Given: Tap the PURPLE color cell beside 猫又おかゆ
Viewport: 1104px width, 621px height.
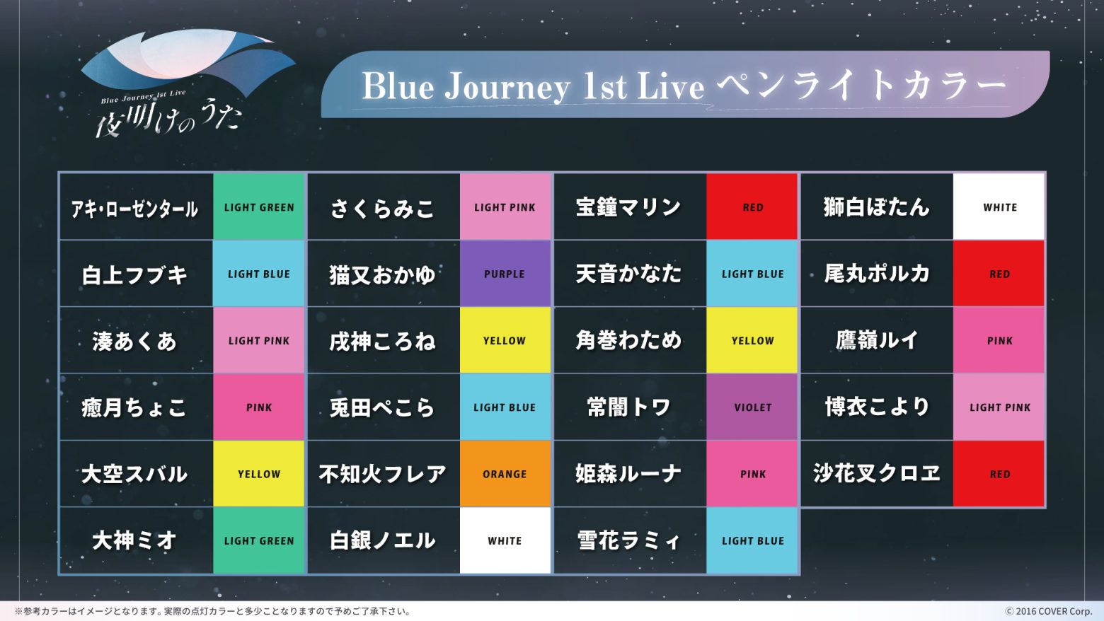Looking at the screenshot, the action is click(505, 273).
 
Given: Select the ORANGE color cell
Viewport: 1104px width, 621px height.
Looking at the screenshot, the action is click(505, 474).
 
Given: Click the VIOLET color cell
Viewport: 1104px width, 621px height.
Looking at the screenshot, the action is click(752, 407).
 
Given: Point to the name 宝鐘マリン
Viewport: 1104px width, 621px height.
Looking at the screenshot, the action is click(628, 207).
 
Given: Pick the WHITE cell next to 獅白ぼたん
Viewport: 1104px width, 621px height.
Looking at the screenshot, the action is click(999, 207).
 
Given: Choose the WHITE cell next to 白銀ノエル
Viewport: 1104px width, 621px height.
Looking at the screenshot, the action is click(505, 540).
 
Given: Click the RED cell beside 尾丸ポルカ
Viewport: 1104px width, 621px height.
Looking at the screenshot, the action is click(999, 273).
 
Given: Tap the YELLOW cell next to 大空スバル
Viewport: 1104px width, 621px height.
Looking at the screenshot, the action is click(258, 474).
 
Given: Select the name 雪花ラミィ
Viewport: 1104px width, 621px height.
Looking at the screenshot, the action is click(628, 541).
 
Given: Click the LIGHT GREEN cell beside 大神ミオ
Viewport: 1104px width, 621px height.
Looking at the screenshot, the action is click(258, 540).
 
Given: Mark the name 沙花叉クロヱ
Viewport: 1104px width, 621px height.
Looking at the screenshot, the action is click(876, 473).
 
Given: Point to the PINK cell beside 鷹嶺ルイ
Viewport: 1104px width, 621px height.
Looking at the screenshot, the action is click(999, 340).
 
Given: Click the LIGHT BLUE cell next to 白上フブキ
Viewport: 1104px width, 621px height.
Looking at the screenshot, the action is click(258, 273).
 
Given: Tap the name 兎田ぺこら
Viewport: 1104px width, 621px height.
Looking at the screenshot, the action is click(382, 407).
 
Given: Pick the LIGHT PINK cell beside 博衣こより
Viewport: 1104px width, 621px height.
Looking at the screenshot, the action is click(999, 407).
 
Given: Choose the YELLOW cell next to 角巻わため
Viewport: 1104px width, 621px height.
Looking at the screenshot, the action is click(752, 340).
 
